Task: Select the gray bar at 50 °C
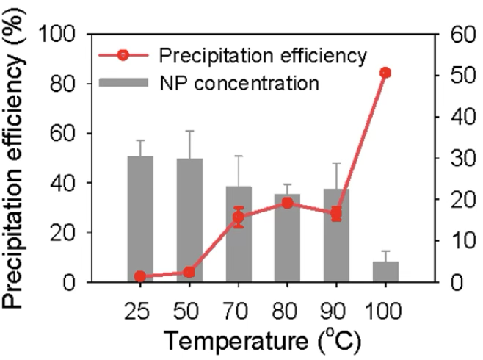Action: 190,220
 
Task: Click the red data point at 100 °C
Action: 385,73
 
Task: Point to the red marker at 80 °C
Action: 288,203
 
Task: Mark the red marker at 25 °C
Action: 139,276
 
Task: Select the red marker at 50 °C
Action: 190,272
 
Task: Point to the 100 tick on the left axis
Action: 64,35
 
